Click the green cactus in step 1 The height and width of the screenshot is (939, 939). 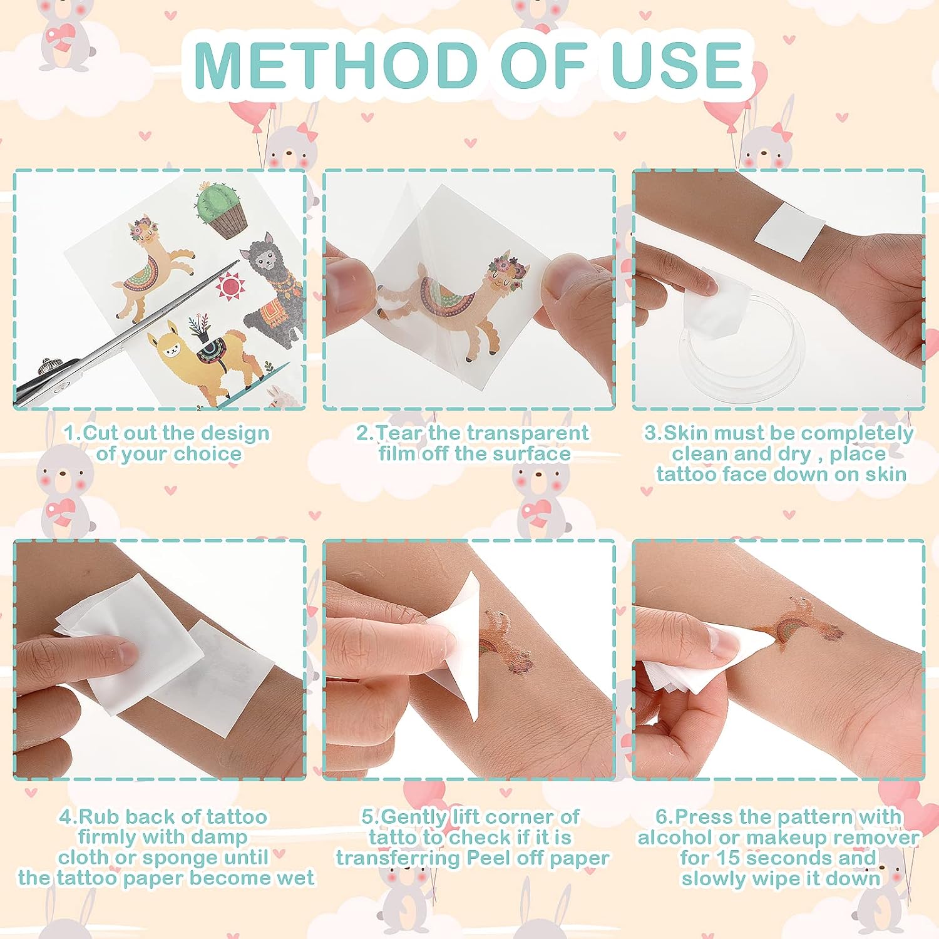220,210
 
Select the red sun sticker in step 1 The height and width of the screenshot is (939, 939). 230,286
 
